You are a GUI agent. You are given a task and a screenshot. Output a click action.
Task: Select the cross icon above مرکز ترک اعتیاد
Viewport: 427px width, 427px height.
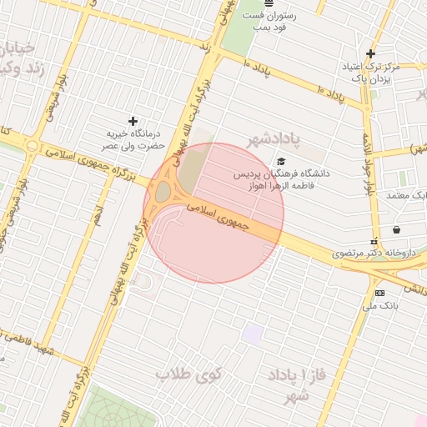click(x=370, y=53)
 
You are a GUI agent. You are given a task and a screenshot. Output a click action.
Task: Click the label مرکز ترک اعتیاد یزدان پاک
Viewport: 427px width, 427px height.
click(x=371, y=72)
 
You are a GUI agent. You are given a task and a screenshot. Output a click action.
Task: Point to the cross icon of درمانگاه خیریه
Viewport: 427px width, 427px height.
click(x=132, y=122)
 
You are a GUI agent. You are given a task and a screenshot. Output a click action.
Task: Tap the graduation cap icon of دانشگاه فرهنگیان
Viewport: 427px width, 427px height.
click(x=281, y=162)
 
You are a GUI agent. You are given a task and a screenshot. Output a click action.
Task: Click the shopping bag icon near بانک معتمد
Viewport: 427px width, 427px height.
click(x=395, y=229)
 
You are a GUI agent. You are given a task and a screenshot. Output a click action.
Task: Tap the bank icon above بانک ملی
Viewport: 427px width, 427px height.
click(x=380, y=293)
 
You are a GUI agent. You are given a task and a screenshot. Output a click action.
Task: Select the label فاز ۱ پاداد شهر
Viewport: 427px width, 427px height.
click(x=291, y=384)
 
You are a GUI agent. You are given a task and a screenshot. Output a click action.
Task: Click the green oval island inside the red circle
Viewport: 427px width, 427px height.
click(x=162, y=193)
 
